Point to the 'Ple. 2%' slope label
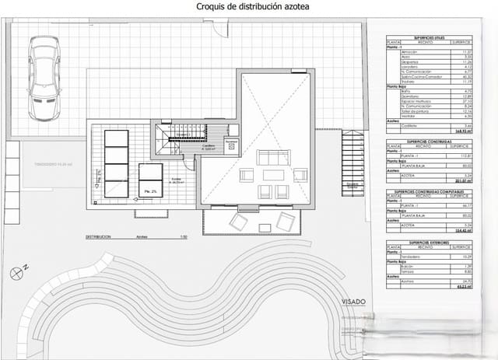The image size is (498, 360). tap(149, 190)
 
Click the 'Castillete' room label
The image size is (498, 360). tap(208, 145)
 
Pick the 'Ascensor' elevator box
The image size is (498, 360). tap(230, 144)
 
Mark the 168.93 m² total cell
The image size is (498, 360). tap(465, 132)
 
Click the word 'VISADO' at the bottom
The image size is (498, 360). tap(352, 300)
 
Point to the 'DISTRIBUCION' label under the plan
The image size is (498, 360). tap(100, 236)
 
